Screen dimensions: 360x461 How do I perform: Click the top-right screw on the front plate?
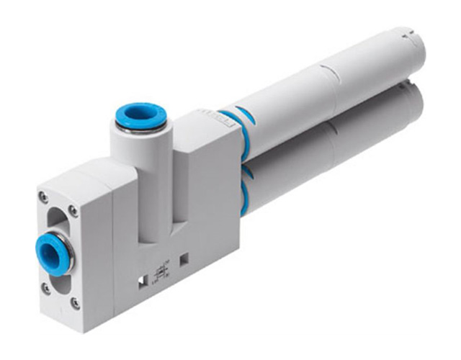point(73,210)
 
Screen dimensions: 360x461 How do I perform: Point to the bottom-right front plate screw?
point(75,304)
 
